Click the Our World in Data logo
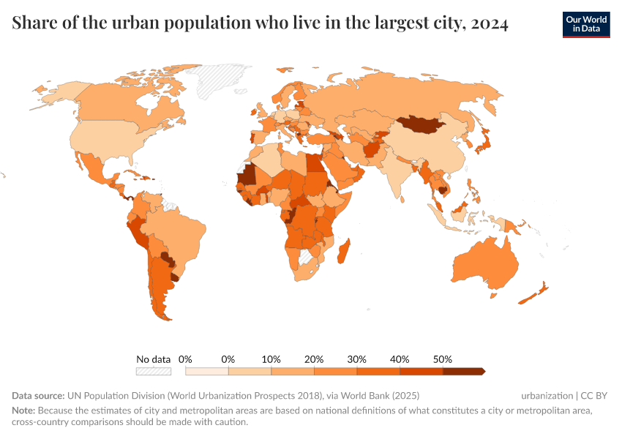click(585, 24)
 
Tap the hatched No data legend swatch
click(153, 372)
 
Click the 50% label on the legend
click(443, 359)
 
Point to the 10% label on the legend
click(271, 359)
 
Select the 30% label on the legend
click(357, 359)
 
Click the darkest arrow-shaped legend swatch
click(464, 372)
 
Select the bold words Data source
click(38, 396)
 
